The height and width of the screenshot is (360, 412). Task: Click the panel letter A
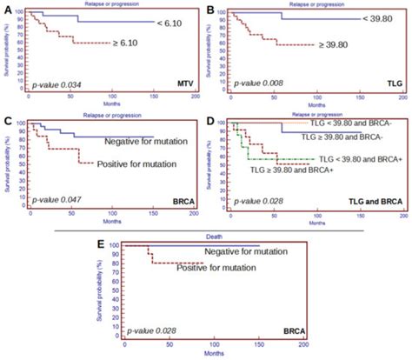(x=7, y=10)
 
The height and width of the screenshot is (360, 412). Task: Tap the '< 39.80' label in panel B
(x=380, y=19)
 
